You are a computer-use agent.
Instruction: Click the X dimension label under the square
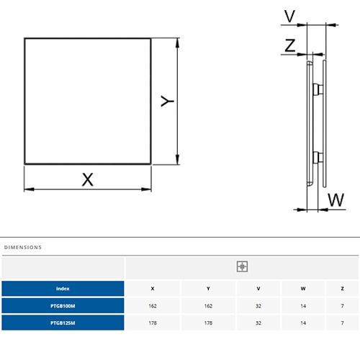[x=88, y=179]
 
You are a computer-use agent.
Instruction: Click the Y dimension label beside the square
[x=167, y=101]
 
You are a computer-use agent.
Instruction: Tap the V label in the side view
[x=289, y=16]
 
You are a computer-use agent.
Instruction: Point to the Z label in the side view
[x=290, y=45]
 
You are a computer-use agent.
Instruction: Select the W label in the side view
[x=336, y=199]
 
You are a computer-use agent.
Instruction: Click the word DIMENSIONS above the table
[x=23, y=248]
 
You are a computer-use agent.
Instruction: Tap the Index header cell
[x=63, y=289]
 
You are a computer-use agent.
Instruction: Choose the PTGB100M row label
[x=63, y=306]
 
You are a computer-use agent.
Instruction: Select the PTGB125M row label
[x=63, y=323]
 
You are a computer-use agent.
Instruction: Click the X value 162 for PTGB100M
[x=153, y=306]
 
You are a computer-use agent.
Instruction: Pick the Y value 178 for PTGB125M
[x=208, y=323]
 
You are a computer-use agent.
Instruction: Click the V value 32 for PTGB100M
[x=258, y=306]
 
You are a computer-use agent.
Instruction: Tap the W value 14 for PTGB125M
[x=303, y=323]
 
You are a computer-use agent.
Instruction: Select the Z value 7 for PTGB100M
[x=343, y=306]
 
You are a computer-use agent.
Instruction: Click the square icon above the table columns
[x=242, y=266]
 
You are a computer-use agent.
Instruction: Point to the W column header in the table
[x=303, y=289]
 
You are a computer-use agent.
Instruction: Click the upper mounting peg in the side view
[x=318, y=89]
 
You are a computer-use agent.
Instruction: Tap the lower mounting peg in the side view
[x=318, y=158]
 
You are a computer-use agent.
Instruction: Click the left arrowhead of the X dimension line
[x=29, y=189]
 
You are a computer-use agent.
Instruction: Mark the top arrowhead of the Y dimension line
[x=177, y=42]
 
